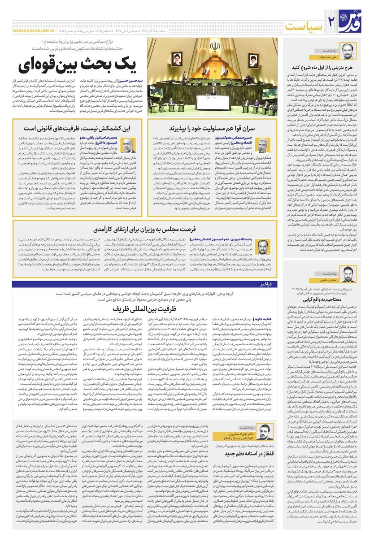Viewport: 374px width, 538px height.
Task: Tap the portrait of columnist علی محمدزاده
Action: pyautogui.click(x=348, y=50)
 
